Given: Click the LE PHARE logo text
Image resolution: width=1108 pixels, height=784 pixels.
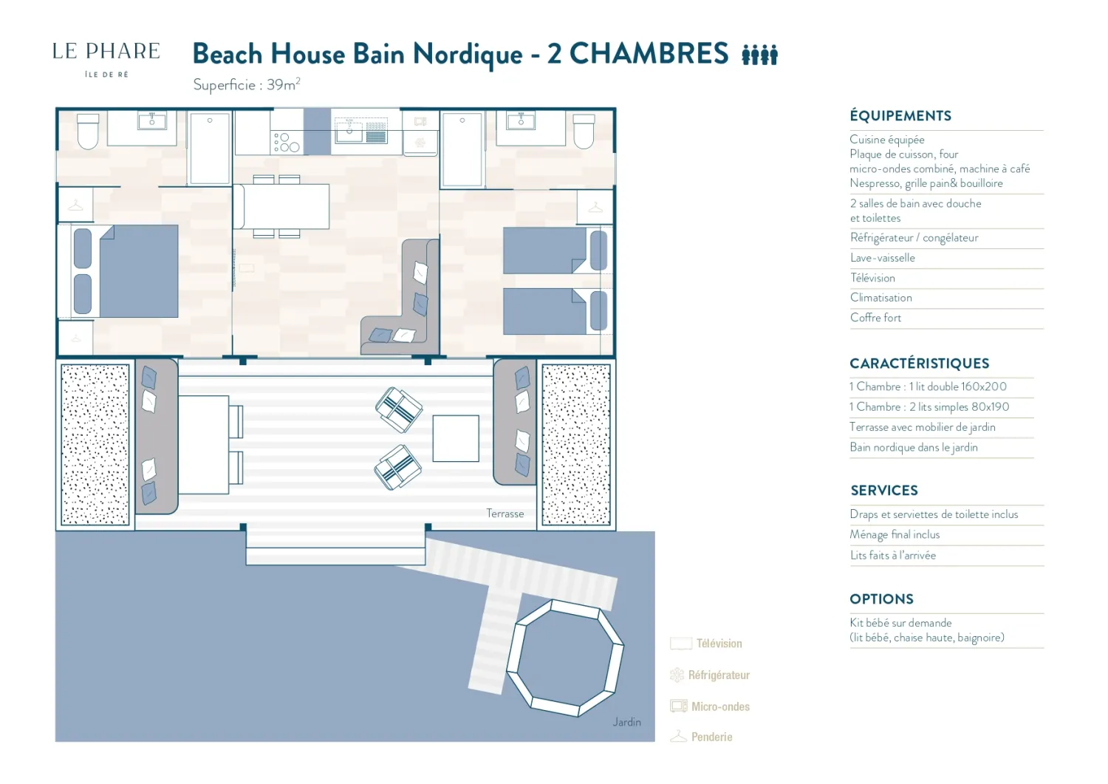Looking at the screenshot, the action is [106, 52].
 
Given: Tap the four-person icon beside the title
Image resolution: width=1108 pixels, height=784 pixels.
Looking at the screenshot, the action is [760, 55].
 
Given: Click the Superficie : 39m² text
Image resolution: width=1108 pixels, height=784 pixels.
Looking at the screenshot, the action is [246, 85].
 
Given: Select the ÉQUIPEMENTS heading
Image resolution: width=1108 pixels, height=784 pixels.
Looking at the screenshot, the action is [900, 116].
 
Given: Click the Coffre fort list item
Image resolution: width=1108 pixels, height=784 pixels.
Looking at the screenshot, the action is [875, 318].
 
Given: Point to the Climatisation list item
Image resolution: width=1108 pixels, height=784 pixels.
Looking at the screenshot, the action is [881, 298].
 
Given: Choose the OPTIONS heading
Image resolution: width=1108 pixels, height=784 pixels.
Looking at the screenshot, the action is [881, 599].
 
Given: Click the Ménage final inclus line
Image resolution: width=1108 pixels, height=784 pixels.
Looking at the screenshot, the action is [895, 534].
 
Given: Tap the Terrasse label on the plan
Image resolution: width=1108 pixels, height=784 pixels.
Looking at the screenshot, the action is [505, 514].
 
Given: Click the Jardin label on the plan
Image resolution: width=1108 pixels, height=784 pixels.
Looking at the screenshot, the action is [626, 722].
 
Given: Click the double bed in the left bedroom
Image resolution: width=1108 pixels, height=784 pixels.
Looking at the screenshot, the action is [126, 271].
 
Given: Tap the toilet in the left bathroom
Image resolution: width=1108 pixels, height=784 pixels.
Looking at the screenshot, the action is [88, 132].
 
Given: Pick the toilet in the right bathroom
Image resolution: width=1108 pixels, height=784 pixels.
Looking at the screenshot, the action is [584, 132].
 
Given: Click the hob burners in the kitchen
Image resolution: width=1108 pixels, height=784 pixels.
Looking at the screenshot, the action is [287, 142].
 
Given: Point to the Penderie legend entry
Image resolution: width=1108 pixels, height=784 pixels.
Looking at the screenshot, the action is [702, 737].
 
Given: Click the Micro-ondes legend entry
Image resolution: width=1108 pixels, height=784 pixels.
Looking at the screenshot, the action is [710, 706].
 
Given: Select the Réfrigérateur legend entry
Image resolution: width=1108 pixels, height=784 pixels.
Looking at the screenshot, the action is [710, 675].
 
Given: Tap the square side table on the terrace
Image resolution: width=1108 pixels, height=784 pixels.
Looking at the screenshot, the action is [456, 438].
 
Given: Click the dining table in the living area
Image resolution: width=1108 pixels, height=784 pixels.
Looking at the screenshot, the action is [282, 206].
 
